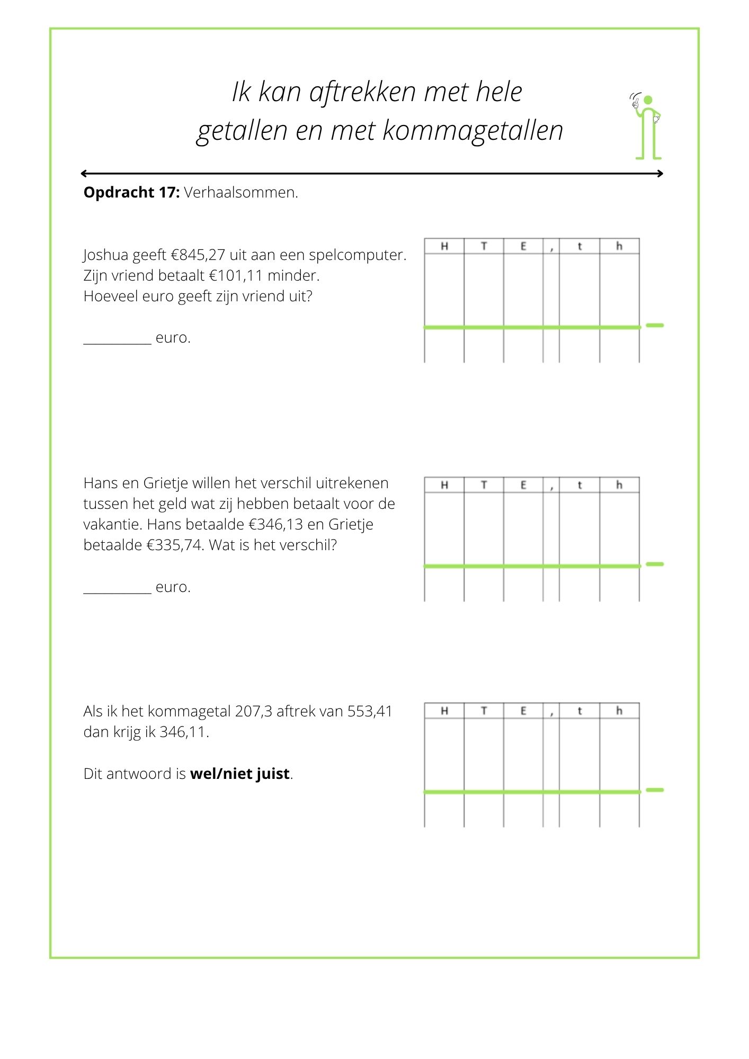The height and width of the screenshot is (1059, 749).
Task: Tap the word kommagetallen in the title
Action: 472,131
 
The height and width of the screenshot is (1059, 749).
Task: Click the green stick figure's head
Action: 648,100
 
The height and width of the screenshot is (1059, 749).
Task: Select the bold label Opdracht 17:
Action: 131,192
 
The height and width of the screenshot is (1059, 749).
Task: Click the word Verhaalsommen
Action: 241,192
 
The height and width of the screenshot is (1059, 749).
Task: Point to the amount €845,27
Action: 198,255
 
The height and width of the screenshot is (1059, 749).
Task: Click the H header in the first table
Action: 444,246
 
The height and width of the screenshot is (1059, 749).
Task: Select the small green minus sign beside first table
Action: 655,325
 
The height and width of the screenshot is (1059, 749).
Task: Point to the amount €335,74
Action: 175,545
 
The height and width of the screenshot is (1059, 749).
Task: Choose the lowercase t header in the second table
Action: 579,485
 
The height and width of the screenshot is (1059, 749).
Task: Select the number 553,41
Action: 370,711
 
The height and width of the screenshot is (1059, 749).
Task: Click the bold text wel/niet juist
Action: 240,774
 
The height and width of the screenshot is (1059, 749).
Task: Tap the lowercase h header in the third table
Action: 619,711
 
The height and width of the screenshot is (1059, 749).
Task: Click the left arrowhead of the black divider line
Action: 84,173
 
